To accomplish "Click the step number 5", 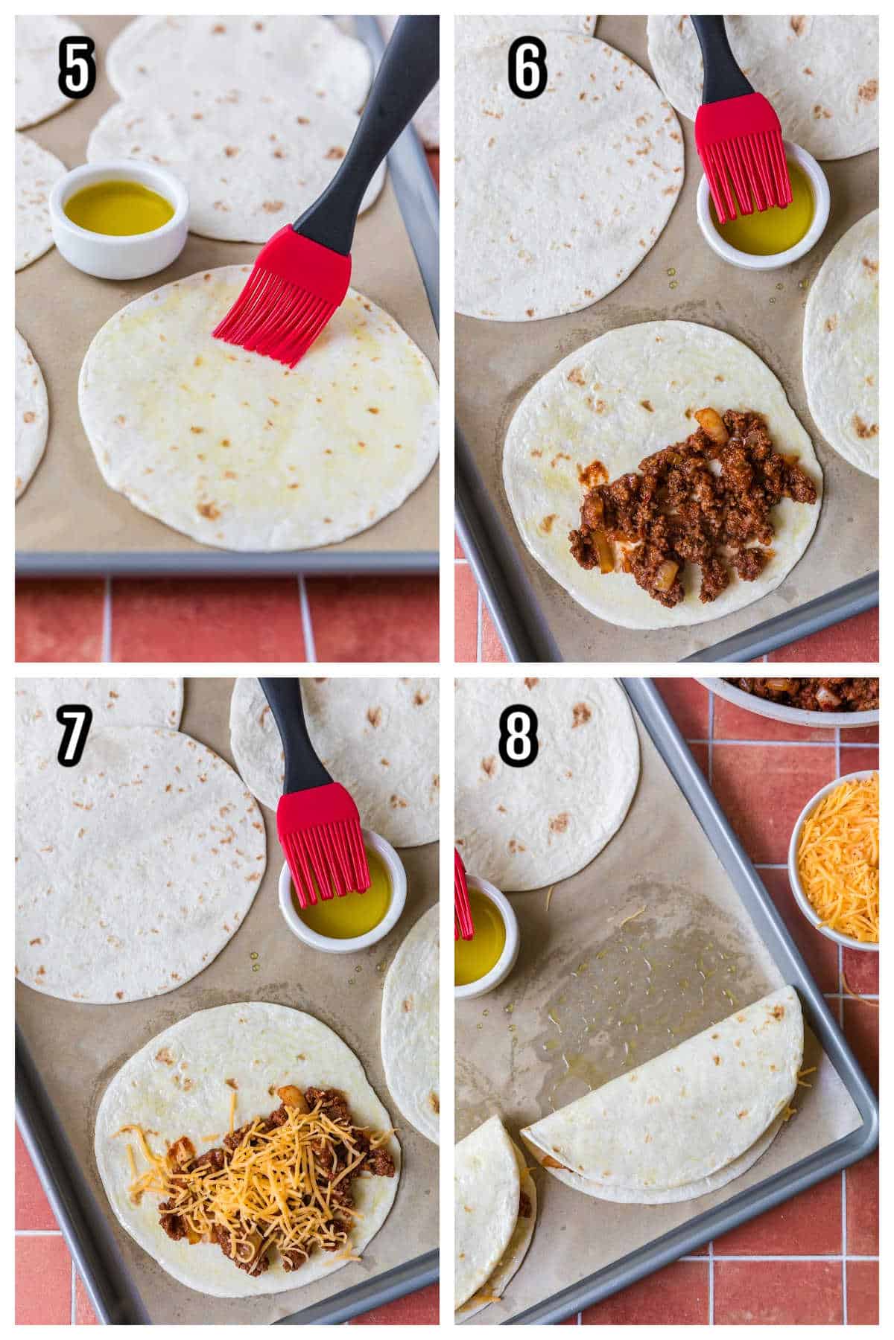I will pos(77,68).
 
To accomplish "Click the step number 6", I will pos(527,68).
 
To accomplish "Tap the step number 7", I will pos(75,733).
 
